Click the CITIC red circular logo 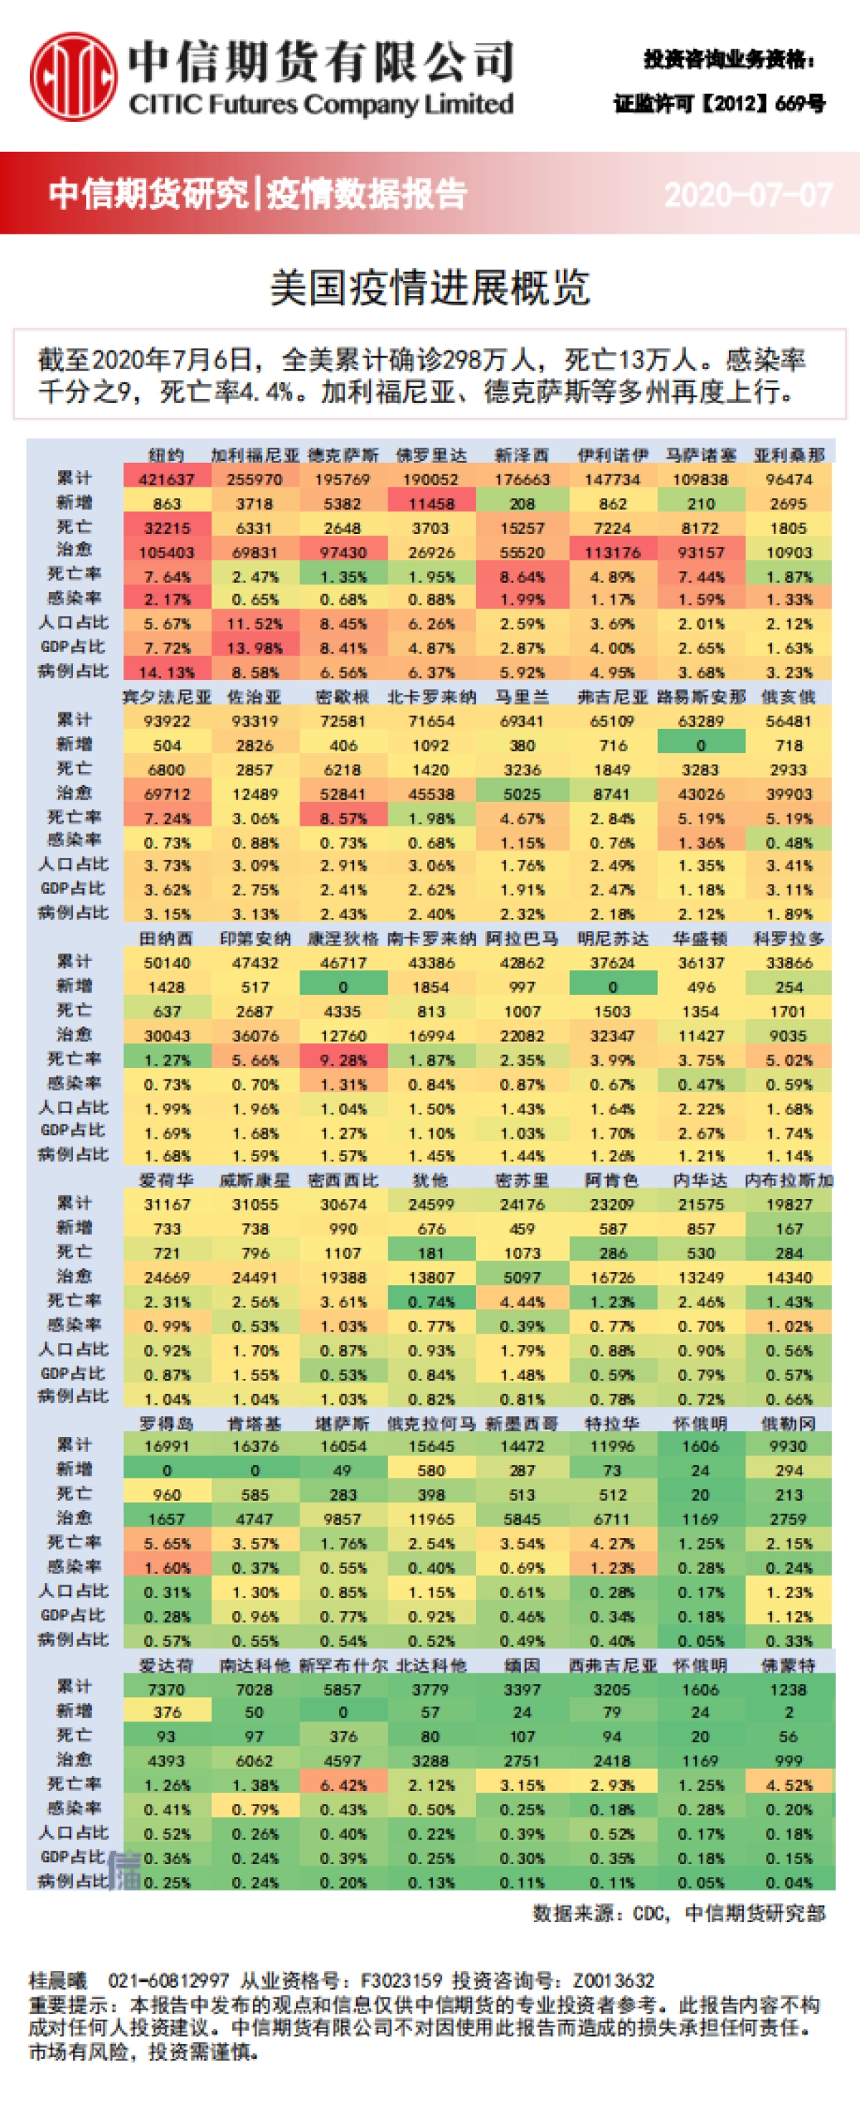point(73,75)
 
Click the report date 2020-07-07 point(747,194)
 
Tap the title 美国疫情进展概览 point(429,288)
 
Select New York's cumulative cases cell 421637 point(166,479)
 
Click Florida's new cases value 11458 point(430,504)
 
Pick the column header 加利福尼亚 point(254,455)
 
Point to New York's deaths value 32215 point(166,528)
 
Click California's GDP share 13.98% point(254,648)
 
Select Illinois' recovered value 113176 point(612,553)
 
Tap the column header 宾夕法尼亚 point(166,697)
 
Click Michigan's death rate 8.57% point(343,818)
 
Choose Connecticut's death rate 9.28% point(343,1060)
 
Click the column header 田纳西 point(166,938)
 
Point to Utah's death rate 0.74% point(430,1301)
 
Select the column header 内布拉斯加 point(788,1180)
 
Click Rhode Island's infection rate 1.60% point(166,1567)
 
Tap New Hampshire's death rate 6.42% point(343,1785)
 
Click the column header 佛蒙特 point(788,1665)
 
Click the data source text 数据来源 point(571,1913)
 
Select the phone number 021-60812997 point(168,1979)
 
